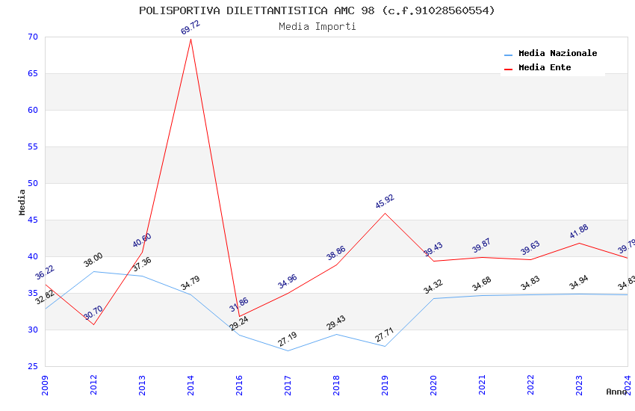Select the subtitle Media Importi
[x=317, y=27]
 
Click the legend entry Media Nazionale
[x=557, y=54]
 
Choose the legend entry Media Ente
[x=545, y=68]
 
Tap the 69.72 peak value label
[x=190, y=28]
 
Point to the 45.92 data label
[x=385, y=202]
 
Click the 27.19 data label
[x=288, y=339]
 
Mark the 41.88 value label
[x=579, y=232]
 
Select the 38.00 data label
[x=93, y=260]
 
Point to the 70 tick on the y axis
[x=31, y=37]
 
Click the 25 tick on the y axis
[x=31, y=367]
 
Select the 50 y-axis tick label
[x=31, y=184]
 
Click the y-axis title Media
[x=22, y=202]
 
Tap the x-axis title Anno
[x=616, y=392]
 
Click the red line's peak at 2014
[x=190, y=39]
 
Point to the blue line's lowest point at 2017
[x=288, y=350]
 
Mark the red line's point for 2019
[x=385, y=213]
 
